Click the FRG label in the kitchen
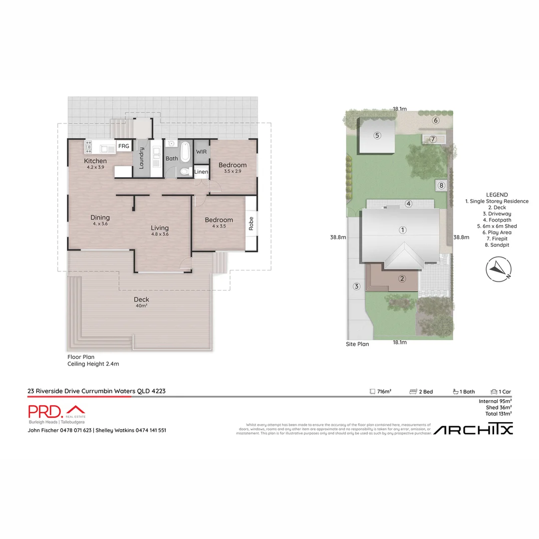(123, 146)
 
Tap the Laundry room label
(142, 158)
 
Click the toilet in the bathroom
(185, 171)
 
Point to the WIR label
(201, 151)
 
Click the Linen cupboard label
(201, 172)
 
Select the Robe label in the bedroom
(251, 223)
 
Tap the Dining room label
(100, 218)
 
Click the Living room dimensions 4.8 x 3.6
(160, 234)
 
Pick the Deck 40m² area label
(141, 302)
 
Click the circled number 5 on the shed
(377, 135)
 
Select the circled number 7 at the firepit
(433, 139)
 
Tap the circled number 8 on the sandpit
(441, 186)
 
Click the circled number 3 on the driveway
(356, 286)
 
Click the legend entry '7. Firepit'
(497, 239)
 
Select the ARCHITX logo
(473, 429)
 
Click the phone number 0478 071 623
(76, 430)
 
